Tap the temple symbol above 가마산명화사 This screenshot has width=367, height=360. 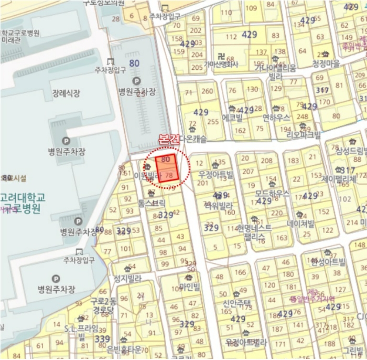click(221, 56)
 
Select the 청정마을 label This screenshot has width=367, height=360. click(326, 63)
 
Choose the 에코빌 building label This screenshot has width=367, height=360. click(232, 118)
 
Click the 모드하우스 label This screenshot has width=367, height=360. click(272, 193)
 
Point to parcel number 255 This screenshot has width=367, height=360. click(213, 121)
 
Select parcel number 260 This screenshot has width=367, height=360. click(208, 91)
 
